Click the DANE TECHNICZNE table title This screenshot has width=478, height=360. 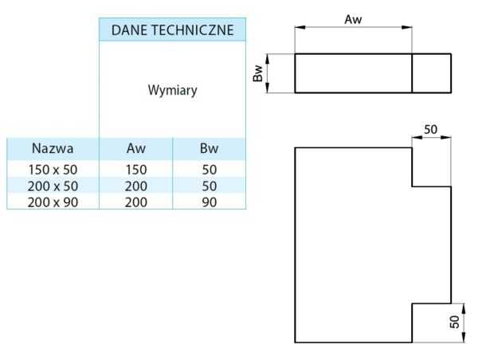173,30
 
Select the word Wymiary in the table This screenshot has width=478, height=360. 173,90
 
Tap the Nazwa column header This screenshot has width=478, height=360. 53,148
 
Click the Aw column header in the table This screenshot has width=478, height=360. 136,148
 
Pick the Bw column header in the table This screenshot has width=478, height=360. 209,148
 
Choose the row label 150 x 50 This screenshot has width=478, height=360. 53,169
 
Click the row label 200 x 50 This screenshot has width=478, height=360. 53,186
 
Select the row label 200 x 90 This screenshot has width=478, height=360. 53,202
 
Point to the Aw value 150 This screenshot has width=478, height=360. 136,169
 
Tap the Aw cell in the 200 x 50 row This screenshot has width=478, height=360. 136,186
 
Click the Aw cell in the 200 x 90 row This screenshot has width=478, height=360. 136,202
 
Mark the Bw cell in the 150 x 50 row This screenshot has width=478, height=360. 209,169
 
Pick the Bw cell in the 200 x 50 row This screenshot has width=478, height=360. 209,186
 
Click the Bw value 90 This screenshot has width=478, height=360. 209,202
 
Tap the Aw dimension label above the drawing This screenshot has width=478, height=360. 354,19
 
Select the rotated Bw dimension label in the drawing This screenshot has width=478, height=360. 257,73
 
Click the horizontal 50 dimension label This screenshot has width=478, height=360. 431,129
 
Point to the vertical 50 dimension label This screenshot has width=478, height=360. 454,323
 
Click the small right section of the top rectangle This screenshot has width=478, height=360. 431,73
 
